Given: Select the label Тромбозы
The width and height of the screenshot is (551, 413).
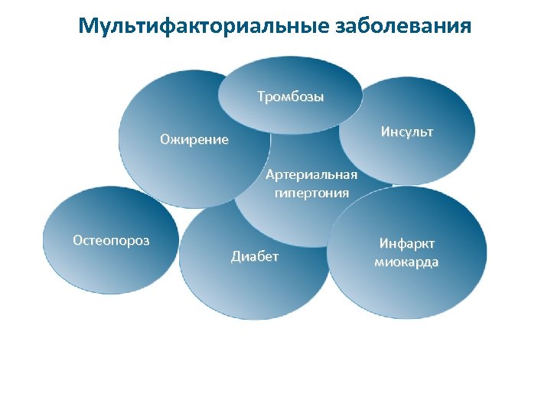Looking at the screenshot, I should click(x=290, y=97).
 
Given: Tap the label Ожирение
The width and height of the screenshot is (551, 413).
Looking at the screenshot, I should click(x=194, y=140).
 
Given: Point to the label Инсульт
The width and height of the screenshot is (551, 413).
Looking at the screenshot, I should click(x=407, y=132).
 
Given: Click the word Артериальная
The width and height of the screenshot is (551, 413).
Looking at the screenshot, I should click(x=311, y=175).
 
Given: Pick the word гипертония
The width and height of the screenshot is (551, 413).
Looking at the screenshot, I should click(x=311, y=193).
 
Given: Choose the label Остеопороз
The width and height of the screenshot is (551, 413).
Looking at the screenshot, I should click(x=111, y=240).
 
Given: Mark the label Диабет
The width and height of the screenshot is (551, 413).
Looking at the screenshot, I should click(x=256, y=256).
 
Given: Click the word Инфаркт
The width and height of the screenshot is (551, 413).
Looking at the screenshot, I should click(x=407, y=244).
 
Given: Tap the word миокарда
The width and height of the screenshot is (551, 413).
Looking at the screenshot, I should click(x=406, y=262).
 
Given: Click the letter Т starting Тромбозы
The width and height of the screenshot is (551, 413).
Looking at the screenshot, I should click(x=261, y=97).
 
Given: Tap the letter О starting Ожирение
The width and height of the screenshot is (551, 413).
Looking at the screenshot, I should click(x=165, y=140).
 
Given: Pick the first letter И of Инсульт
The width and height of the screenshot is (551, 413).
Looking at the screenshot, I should click(x=385, y=132).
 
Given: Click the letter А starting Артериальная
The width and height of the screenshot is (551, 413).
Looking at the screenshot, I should click(x=270, y=175).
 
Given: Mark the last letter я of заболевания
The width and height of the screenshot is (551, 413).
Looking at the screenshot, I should click(x=466, y=28).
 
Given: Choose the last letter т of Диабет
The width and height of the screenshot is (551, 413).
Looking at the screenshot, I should click(x=276, y=256).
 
